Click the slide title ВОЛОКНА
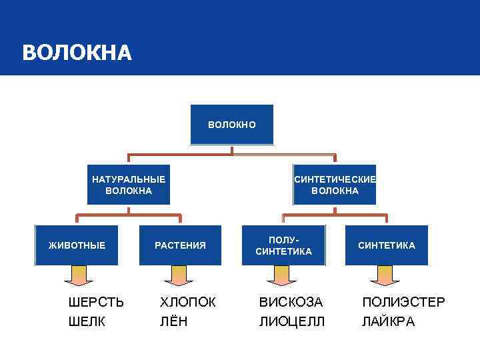click(77, 53)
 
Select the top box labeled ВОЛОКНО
click(231, 125)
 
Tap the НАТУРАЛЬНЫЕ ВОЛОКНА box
click(129, 185)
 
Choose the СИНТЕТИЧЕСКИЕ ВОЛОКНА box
click(335, 185)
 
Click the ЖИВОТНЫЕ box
click(77, 245)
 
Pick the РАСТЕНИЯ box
click(180, 245)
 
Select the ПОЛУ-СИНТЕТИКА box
click(284, 245)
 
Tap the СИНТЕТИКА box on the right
click(387, 245)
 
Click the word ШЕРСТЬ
click(97, 302)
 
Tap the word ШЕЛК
click(87, 322)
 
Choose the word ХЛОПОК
click(188, 302)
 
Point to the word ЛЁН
click(173, 322)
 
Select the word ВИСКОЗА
click(291, 302)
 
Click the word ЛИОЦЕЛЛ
click(292, 322)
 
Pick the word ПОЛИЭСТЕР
click(403, 302)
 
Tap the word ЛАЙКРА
click(388, 322)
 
